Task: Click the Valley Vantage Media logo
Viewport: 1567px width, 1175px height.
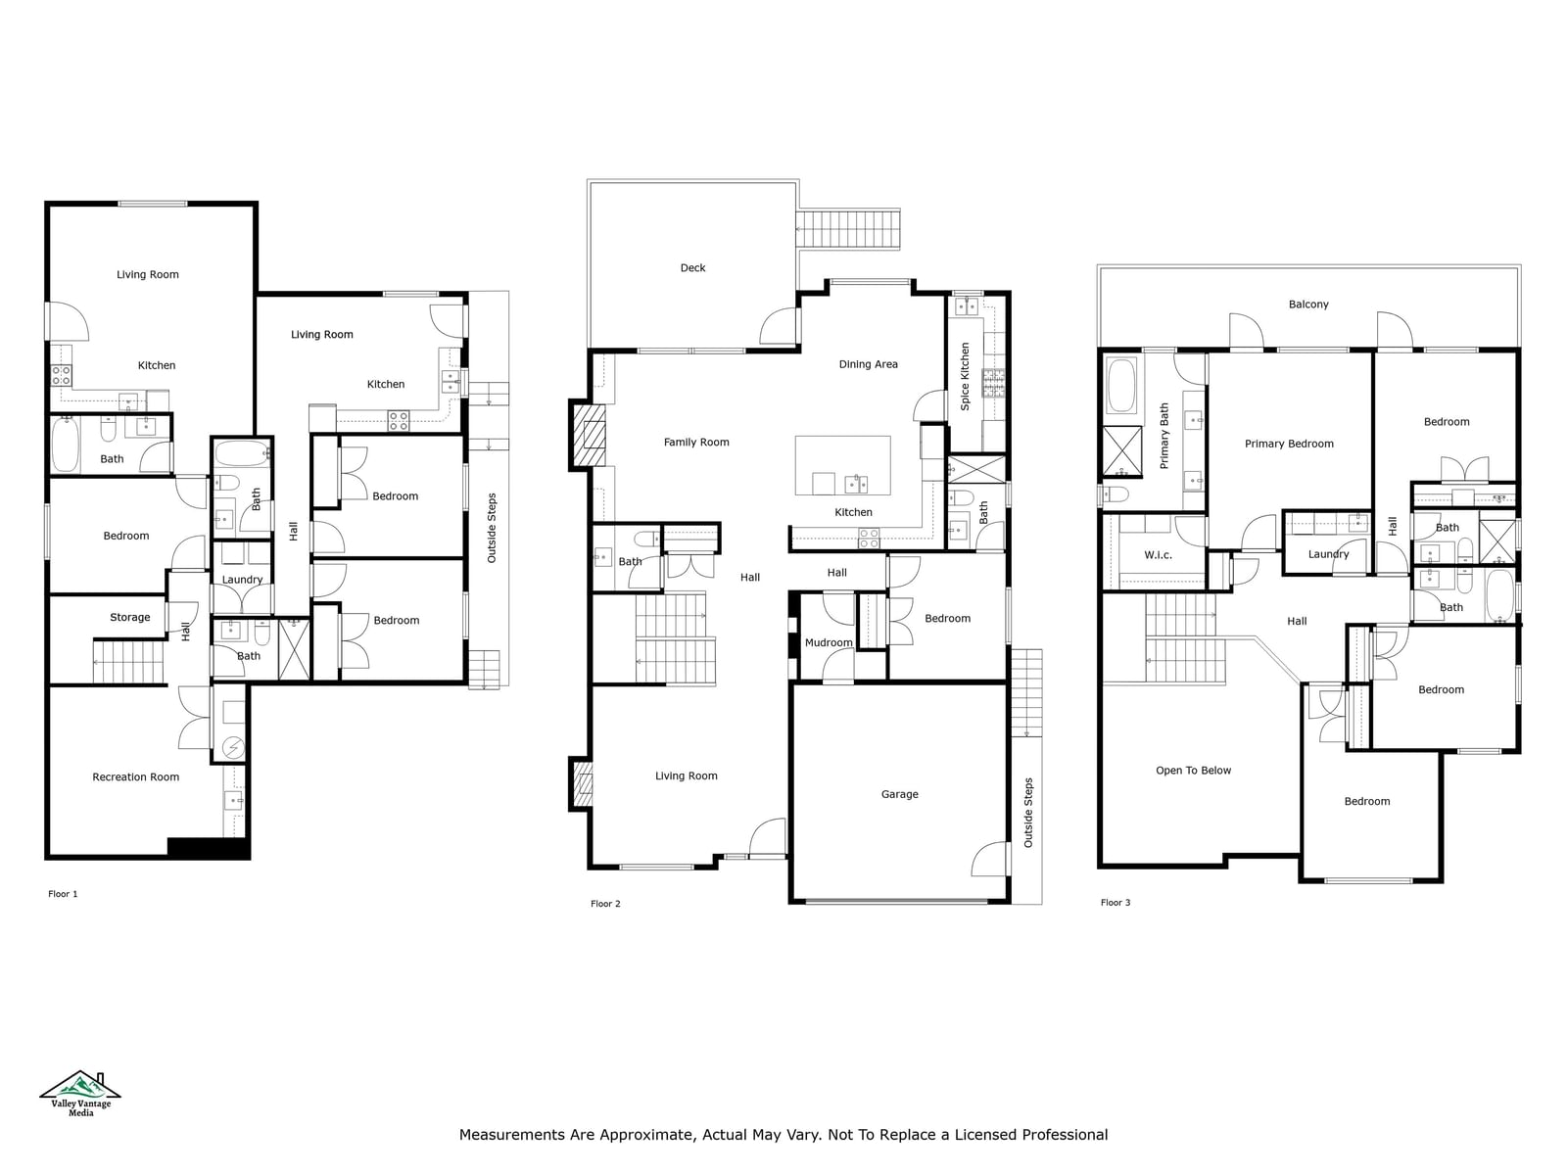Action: [80, 1093]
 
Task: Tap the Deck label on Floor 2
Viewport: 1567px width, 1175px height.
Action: [692, 268]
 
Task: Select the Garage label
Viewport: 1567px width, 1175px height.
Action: [899, 794]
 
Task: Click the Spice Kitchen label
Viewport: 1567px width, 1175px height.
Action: [966, 376]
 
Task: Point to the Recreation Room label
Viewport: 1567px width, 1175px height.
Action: [135, 776]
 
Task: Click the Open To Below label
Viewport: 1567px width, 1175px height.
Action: [1194, 771]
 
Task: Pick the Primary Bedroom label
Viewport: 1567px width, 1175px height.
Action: [1289, 444]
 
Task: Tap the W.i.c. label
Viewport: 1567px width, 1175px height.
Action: [1158, 555]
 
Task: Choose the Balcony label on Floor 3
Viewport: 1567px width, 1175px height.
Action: [1308, 305]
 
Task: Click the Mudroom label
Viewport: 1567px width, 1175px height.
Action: [829, 642]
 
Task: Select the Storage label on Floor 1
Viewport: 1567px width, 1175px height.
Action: [130, 618]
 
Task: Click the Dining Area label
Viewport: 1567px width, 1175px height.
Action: [868, 364]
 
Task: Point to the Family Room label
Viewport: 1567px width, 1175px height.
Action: [696, 443]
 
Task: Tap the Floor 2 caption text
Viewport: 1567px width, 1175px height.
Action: [605, 904]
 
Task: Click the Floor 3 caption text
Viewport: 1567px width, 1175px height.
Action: [1116, 903]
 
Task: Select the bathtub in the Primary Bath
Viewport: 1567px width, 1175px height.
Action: [1121, 385]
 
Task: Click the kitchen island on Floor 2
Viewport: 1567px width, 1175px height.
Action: [843, 466]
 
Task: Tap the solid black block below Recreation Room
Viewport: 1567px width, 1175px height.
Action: [209, 848]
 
